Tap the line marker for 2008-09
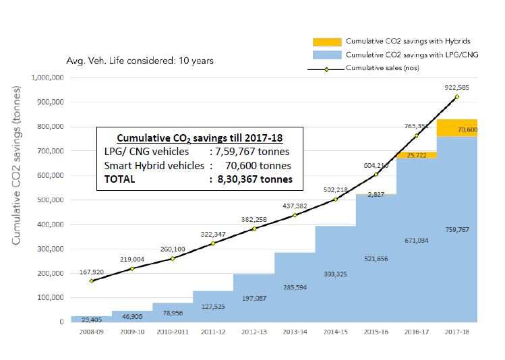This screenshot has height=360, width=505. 91,280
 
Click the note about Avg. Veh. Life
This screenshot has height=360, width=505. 140,61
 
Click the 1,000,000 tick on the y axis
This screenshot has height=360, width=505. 47,78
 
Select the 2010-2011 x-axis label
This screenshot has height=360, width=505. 172,332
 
